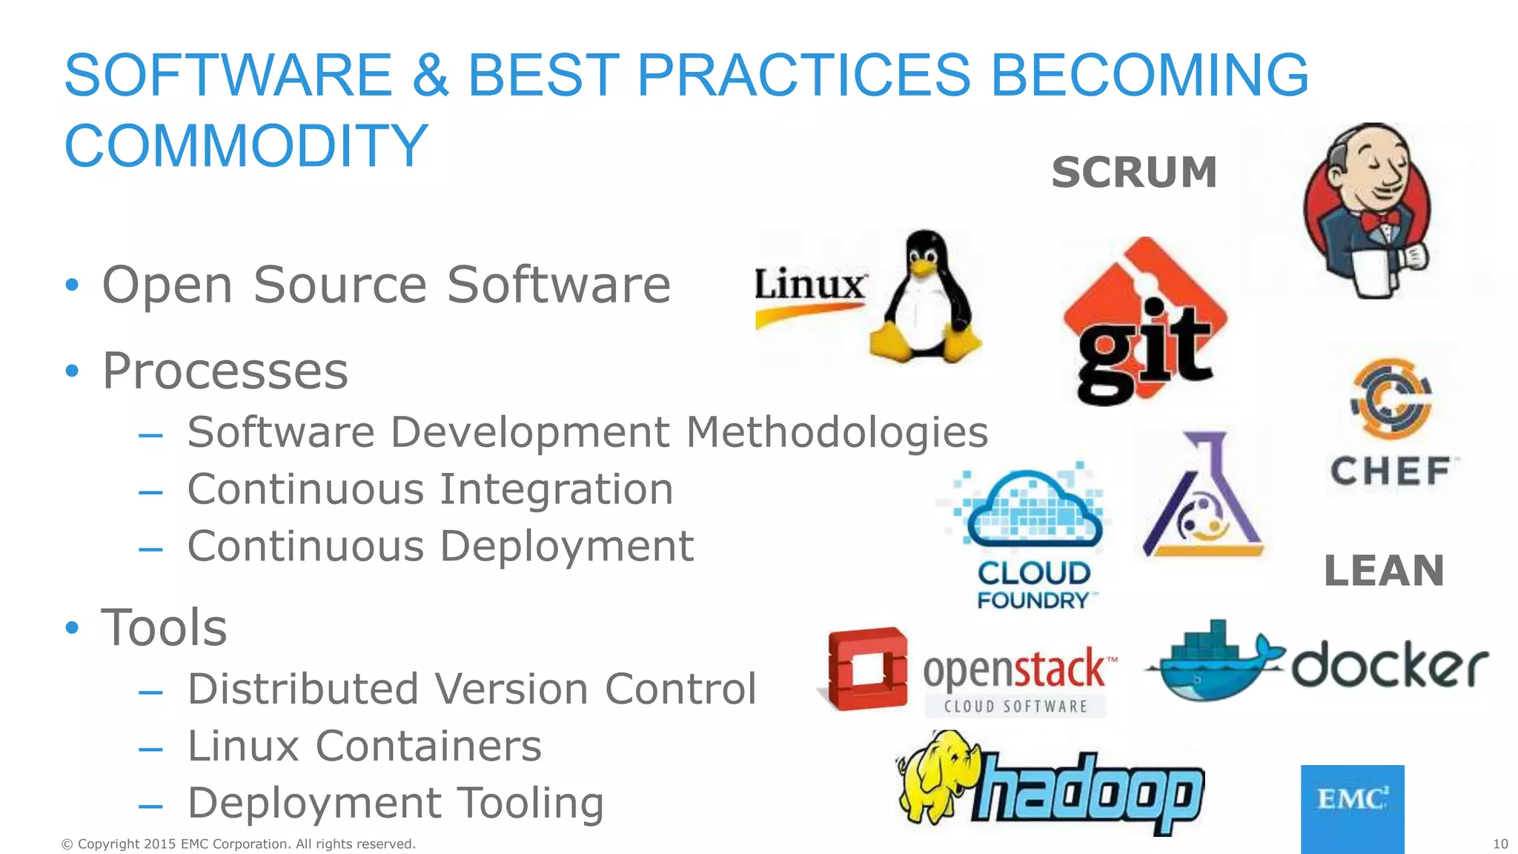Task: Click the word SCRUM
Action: click(1134, 173)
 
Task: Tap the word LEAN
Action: click(1384, 571)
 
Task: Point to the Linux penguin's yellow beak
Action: click(924, 268)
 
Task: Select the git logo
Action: click(1144, 322)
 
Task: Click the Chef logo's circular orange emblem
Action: click(1391, 399)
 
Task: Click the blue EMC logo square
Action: click(1352, 808)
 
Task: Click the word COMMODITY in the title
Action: click(246, 146)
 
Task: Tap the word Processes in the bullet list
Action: click(225, 371)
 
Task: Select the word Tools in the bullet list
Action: click(164, 628)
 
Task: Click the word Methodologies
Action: click(837, 432)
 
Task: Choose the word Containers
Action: click(428, 746)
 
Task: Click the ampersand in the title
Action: click(430, 76)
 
